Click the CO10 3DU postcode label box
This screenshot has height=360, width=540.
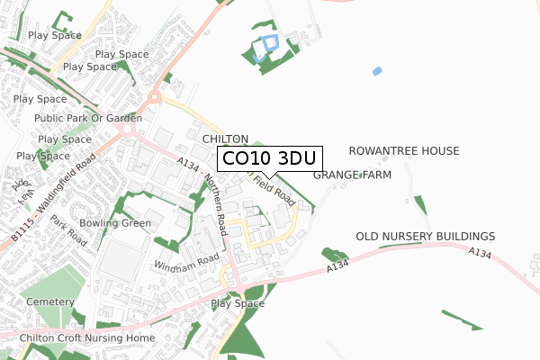269,158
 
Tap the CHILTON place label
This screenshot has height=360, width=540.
225,139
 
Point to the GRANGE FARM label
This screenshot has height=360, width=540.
352,175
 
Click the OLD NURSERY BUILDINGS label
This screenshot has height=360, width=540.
426,236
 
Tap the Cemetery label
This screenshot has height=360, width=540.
49,301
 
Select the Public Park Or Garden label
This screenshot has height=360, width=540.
88,118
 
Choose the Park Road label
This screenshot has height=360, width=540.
68,231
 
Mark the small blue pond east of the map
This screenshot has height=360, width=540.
376,70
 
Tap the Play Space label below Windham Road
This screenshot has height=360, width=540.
238,303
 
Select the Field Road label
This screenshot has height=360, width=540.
274,186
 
